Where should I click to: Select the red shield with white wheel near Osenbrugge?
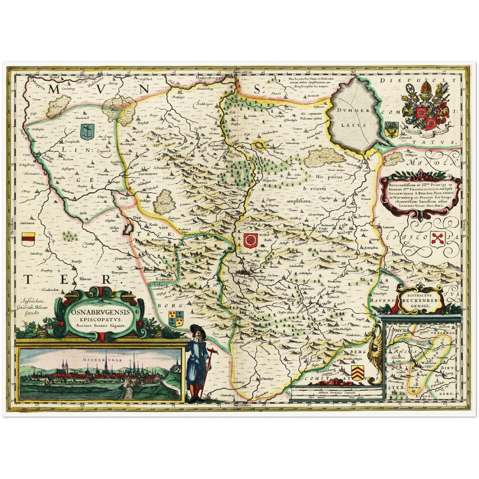click(250, 240)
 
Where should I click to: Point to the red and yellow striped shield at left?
click(28, 239)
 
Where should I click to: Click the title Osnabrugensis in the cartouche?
click(100, 313)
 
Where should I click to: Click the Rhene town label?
click(85, 279)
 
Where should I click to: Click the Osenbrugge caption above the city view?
click(98, 360)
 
